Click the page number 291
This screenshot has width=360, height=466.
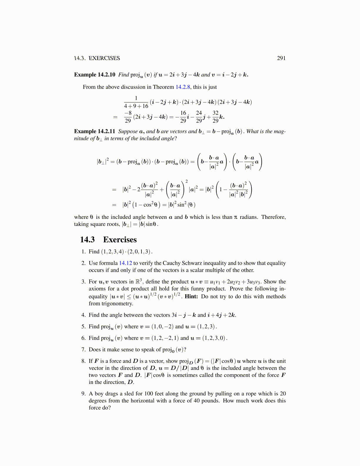pos(281,58)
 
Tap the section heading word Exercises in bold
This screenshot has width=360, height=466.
pos(120,240)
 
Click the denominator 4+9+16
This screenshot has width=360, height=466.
pos(136,106)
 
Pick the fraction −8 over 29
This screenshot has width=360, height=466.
pos(128,117)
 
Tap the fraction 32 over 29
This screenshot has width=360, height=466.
pos(215,117)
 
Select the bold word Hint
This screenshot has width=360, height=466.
pos(191,297)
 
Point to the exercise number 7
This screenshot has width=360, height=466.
pos(83,350)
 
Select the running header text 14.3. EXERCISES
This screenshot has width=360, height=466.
pos(97,58)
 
